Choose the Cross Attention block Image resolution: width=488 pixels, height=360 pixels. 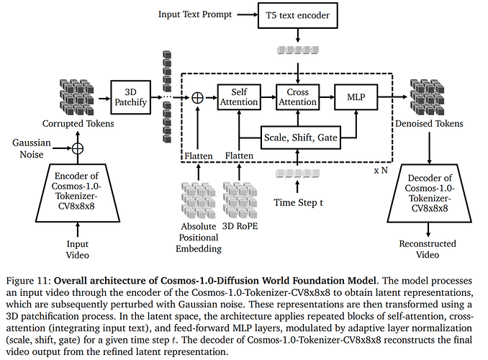(x=297, y=97)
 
